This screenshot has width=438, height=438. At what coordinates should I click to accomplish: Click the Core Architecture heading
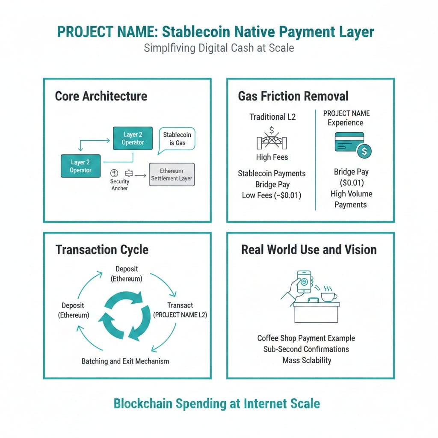click(101, 96)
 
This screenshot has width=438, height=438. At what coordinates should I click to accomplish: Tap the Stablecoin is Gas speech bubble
click(177, 139)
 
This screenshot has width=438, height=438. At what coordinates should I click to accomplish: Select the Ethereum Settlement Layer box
click(172, 174)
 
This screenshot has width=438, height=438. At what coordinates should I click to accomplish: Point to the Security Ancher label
click(119, 184)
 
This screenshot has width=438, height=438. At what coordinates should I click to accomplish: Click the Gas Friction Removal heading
click(293, 96)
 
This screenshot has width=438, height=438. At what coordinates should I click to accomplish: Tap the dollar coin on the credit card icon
click(364, 151)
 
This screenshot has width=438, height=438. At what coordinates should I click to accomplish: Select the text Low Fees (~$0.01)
click(272, 195)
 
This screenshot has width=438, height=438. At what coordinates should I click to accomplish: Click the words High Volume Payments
click(351, 199)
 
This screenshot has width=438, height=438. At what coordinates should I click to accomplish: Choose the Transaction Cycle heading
click(102, 250)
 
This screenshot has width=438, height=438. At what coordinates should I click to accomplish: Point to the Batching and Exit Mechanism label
click(125, 361)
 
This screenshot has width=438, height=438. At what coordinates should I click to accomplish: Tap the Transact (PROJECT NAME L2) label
click(180, 310)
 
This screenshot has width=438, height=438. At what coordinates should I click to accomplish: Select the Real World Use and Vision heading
click(309, 250)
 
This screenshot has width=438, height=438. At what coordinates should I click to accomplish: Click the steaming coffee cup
click(328, 295)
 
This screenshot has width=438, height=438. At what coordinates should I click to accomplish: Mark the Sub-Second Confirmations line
click(306, 349)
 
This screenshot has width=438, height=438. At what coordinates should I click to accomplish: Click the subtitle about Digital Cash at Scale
click(219, 47)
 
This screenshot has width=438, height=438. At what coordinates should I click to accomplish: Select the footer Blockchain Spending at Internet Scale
click(216, 403)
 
